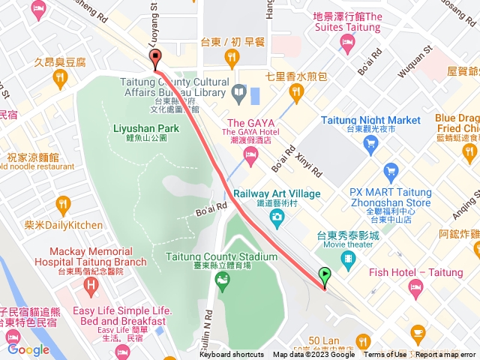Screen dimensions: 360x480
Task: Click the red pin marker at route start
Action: click(x=155, y=58)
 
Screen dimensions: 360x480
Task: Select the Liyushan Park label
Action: click(x=145, y=128)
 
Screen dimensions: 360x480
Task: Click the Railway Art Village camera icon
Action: click(x=277, y=217)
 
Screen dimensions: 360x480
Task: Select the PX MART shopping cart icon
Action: click(x=389, y=169)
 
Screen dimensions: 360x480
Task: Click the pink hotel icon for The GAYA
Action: click(x=250, y=154)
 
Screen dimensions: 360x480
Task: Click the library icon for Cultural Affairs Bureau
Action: click(x=238, y=93)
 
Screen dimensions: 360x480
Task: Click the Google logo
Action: click(x=28, y=349)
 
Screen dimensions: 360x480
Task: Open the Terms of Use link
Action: click(x=385, y=355)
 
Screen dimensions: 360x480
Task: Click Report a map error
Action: click(x=446, y=355)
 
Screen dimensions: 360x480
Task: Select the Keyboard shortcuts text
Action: click(x=231, y=355)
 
